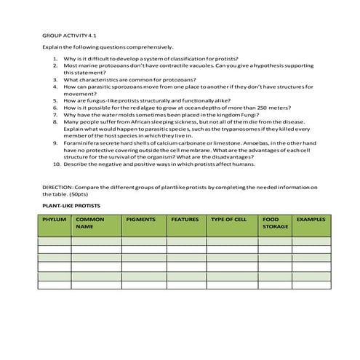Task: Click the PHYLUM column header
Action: pyautogui.click(x=55, y=219)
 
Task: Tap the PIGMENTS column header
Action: pyautogui.click(x=140, y=219)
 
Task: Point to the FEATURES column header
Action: pyautogui.click(x=185, y=219)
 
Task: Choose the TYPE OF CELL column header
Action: pyautogui.click(x=228, y=219)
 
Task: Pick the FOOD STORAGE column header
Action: pyautogui.click(x=275, y=223)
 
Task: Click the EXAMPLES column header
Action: pyautogui.click(x=311, y=219)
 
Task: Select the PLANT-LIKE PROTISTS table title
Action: pyautogui.click(x=71, y=206)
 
